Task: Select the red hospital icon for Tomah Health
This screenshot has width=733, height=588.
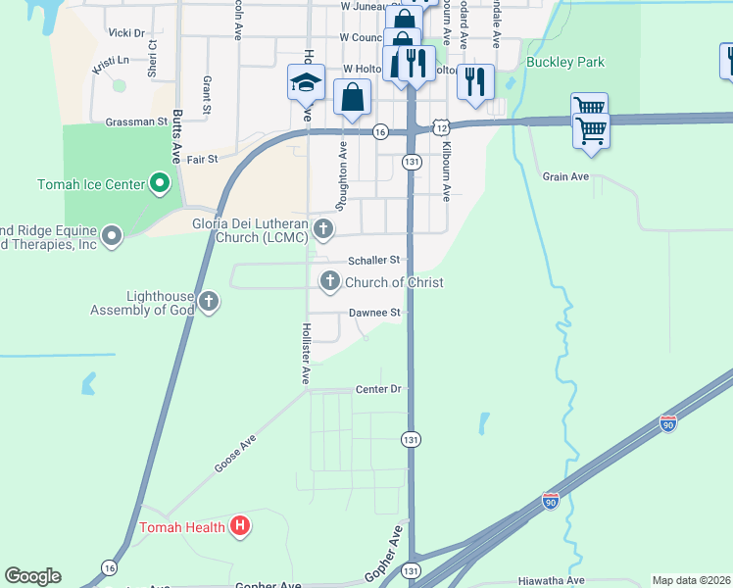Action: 240,527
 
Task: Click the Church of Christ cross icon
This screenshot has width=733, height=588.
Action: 329,282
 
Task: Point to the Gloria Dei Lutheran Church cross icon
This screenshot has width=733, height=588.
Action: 324,229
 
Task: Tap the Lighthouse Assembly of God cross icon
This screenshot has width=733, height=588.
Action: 208,302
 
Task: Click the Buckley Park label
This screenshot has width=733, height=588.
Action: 565,63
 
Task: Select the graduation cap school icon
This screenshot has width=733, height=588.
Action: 306,83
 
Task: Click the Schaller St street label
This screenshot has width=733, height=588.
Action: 375,261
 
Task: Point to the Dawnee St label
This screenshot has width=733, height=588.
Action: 375,313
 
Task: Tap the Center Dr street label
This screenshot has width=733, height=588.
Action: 379,389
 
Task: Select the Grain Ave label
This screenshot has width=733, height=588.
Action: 565,176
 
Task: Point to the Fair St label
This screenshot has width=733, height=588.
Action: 201,158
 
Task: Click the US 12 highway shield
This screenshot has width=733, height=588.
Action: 443,128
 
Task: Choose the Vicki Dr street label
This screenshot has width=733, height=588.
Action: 126,32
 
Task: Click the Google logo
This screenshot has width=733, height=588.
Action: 32,576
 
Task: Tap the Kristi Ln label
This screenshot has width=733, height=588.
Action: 111,66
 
